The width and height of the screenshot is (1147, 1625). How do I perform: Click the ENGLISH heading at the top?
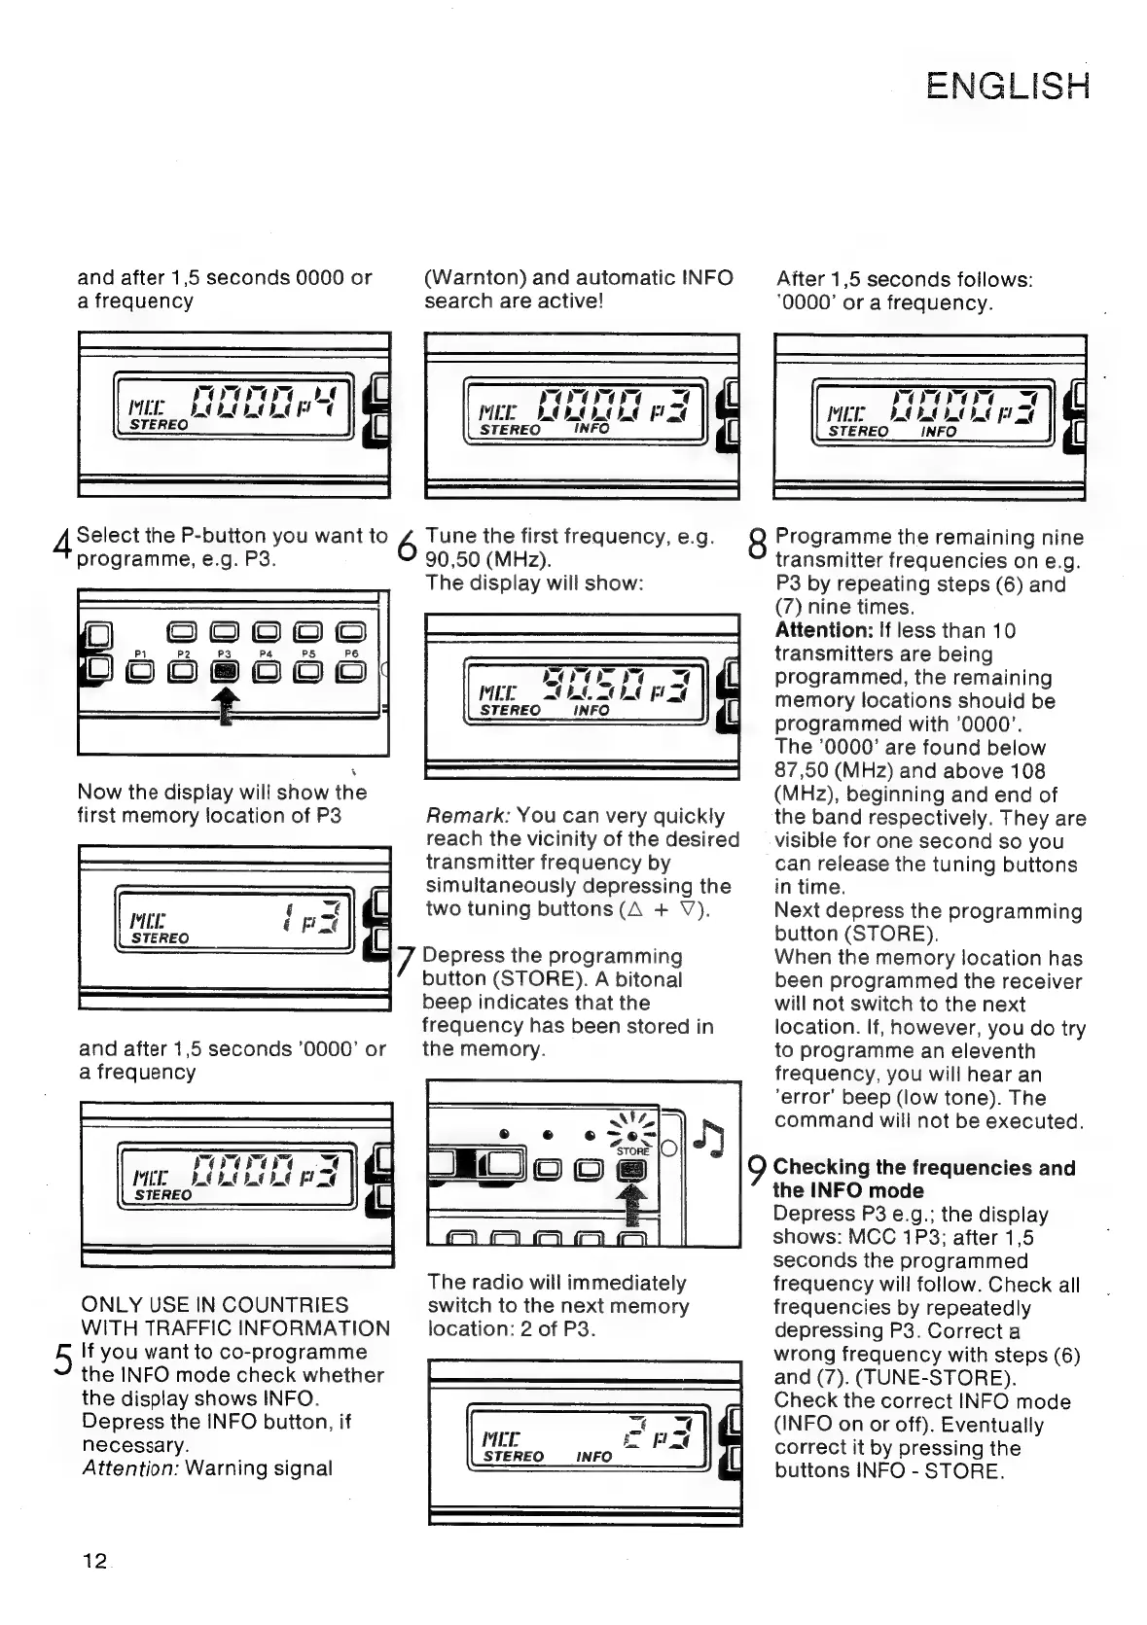pyautogui.click(x=1008, y=86)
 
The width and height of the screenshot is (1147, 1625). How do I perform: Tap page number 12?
pyautogui.click(x=94, y=1561)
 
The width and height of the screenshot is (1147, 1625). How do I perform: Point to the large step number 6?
pyautogui.click(x=408, y=549)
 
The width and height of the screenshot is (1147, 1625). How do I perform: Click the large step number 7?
pyautogui.click(x=407, y=964)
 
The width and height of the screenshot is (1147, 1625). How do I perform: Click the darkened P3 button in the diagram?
pyautogui.click(x=225, y=671)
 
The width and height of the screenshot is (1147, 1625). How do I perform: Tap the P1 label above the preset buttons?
pyautogui.click(x=140, y=654)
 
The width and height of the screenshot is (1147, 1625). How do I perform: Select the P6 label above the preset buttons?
pyautogui.click(x=352, y=654)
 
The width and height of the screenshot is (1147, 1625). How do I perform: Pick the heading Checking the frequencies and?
pyautogui.click(x=923, y=1167)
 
